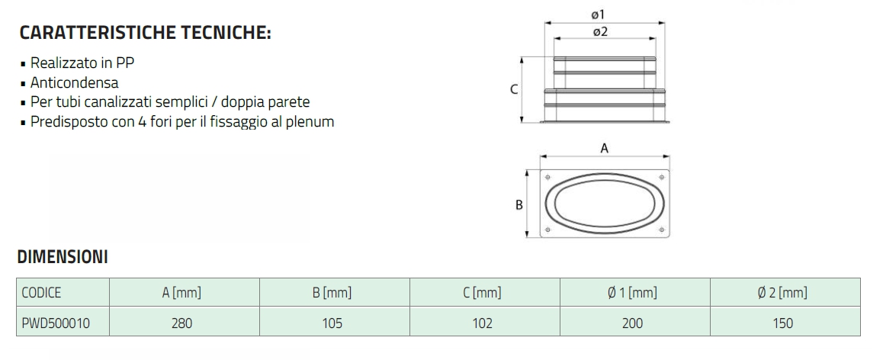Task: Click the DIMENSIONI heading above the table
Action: click(63, 257)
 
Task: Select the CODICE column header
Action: click(42, 293)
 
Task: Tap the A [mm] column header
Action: click(181, 293)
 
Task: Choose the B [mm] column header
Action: click(332, 293)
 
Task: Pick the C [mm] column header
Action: click(482, 293)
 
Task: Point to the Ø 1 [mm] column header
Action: click(632, 293)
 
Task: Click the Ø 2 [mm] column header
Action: click(782, 293)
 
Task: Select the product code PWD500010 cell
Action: click(56, 323)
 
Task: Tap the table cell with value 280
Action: click(181, 323)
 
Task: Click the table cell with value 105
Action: click(332, 323)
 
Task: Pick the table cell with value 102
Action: click(482, 323)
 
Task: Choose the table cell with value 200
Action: click(632, 323)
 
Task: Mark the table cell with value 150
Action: click(782, 323)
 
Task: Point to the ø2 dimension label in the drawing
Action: click(599, 31)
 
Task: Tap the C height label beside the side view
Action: click(514, 89)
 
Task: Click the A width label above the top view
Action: click(604, 149)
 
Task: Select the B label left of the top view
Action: click(519, 204)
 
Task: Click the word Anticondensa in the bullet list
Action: click(75, 82)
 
